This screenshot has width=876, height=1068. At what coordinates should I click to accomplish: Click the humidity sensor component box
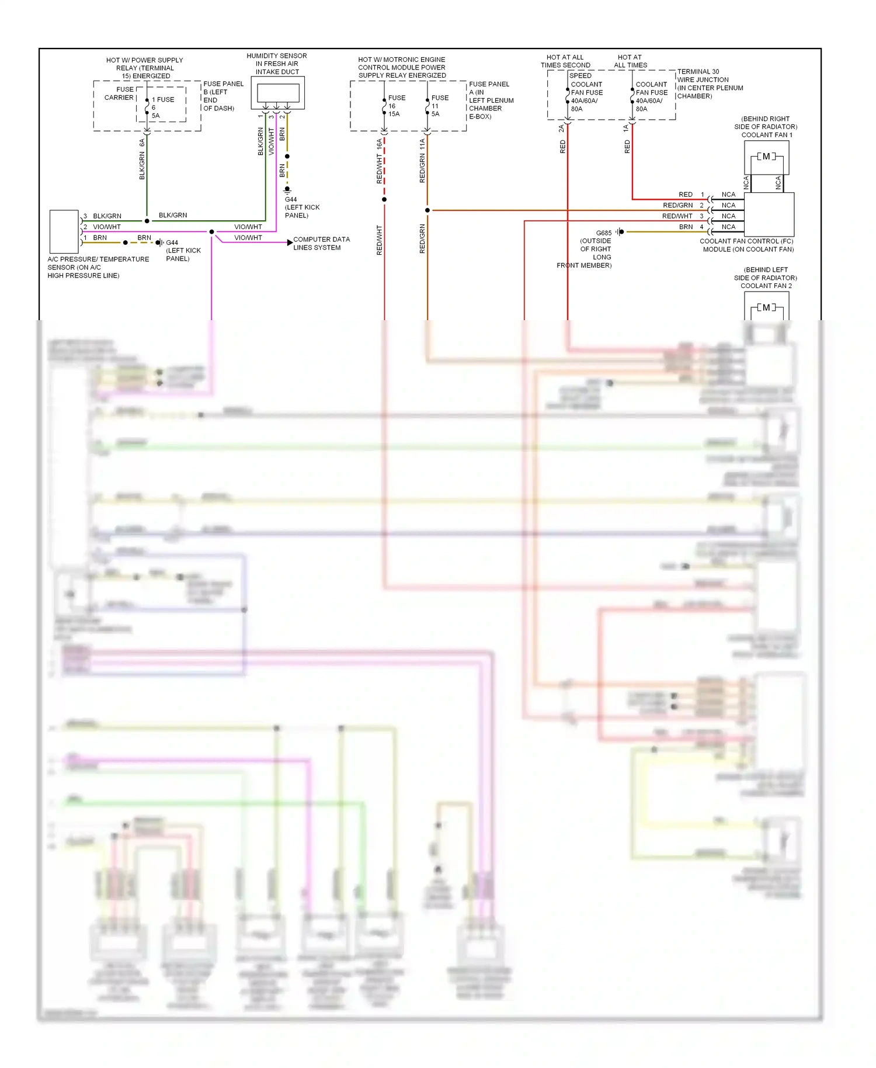(278, 93)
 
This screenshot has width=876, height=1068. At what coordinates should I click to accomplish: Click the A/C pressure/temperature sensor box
(64, 231)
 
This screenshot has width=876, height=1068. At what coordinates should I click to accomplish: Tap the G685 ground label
(604, 233)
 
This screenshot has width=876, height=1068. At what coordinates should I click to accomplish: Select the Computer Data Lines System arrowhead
(290, 242)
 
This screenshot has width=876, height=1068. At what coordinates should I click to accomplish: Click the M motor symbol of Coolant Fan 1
(766, 157)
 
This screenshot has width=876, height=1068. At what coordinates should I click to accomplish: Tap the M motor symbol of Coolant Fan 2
(766, 308)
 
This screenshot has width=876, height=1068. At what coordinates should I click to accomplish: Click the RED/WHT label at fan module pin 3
(677, 216)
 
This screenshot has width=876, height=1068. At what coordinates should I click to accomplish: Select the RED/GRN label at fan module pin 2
(677, 206)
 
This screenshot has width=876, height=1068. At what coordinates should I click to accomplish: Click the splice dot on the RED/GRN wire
(427, 210)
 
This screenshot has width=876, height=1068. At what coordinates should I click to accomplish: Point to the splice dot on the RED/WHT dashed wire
(384, 200)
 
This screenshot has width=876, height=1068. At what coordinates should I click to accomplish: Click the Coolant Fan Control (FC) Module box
(769, 214)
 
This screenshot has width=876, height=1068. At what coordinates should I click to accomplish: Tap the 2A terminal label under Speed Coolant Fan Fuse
(561, 128)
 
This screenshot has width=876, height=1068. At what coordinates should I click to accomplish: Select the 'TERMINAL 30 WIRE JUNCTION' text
(703, 76)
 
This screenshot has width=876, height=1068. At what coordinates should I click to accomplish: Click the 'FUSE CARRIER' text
(120, 93)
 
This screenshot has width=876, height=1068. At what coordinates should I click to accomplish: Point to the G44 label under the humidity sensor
(291, 200)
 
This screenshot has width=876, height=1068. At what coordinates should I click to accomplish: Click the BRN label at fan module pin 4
(686, 227)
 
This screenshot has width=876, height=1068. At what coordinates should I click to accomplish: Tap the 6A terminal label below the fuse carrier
(142, 142)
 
